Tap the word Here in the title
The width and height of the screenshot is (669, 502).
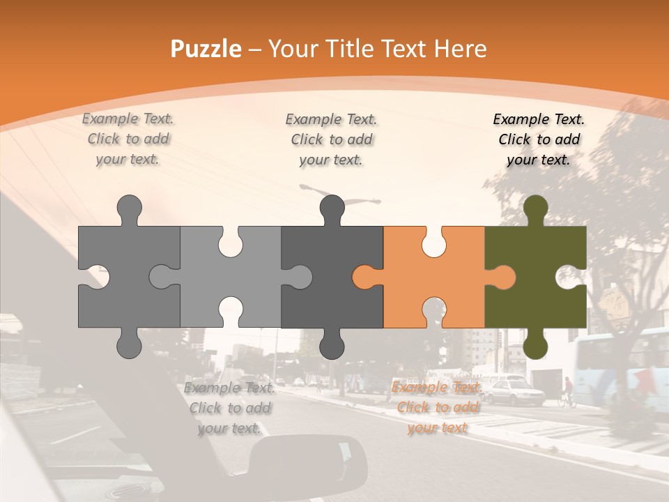460,49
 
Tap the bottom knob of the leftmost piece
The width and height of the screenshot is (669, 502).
129,344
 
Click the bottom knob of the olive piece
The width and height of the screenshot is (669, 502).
535,344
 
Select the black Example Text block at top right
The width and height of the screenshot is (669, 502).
539,139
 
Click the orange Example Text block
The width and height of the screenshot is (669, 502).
438,407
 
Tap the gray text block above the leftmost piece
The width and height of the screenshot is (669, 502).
128,139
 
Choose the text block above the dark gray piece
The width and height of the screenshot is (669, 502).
331,139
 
